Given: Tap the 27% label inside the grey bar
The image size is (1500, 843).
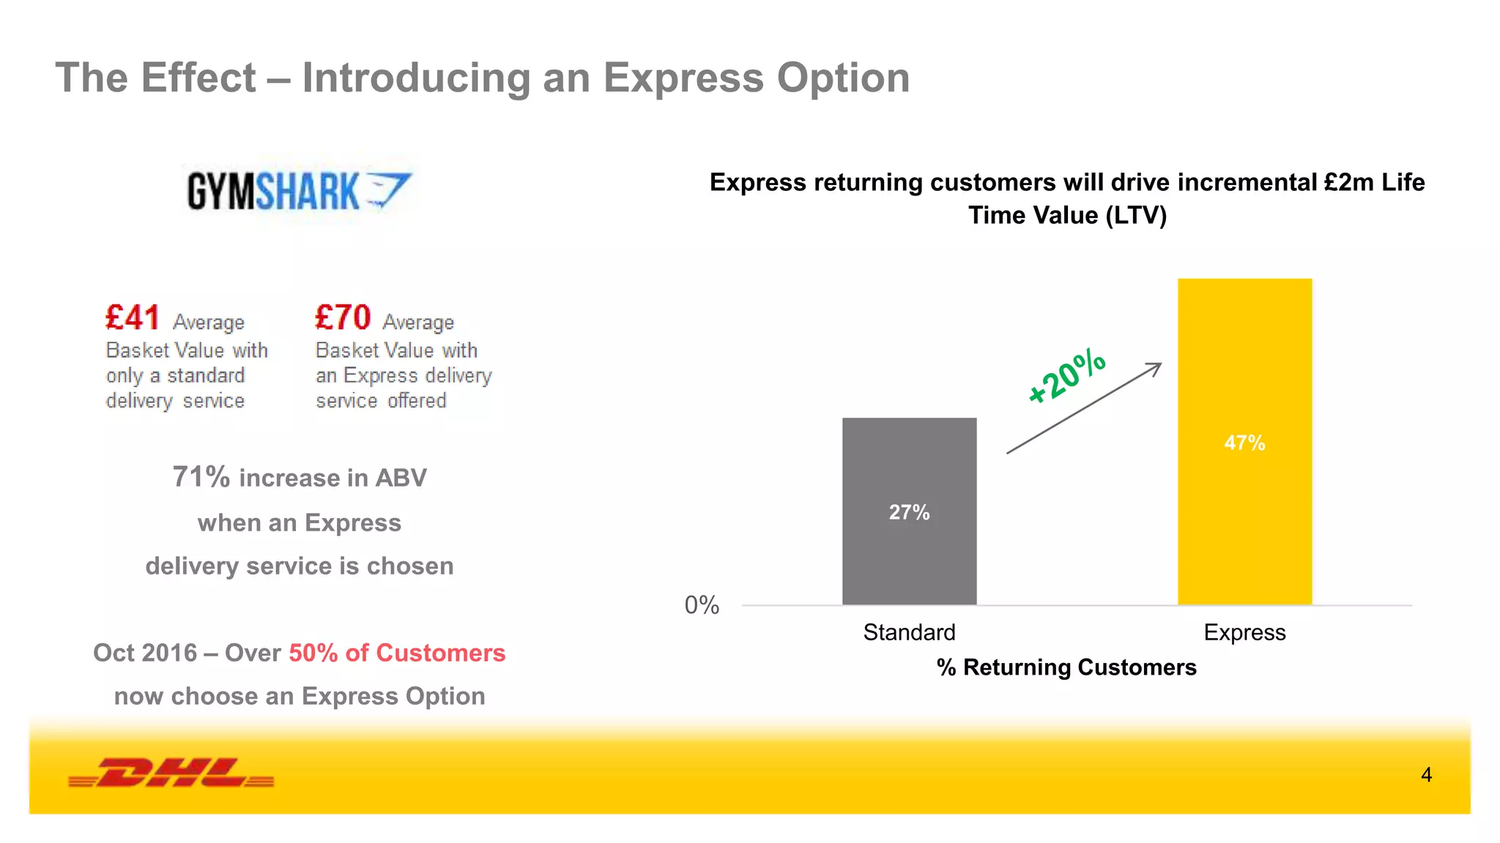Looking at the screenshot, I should (909, 512).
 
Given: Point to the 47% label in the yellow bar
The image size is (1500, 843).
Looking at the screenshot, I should (1244, 443).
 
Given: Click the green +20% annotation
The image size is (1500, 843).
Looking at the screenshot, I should (1066, 376).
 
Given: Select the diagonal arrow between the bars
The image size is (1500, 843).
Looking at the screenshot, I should (1084, 408).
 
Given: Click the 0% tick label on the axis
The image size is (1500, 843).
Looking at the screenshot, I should (702, 605).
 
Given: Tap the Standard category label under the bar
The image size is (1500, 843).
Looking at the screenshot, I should (909, 632).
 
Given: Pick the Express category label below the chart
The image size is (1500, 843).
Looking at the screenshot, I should (1244, 632).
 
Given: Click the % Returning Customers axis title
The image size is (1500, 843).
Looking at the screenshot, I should (1066, 667).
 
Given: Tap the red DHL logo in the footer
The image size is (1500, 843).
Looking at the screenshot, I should (171, 773).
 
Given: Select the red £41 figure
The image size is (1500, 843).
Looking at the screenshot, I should (133, 318).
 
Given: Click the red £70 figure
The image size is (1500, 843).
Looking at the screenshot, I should (343, 318).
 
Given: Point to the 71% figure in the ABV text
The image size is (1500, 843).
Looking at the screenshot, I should (201, 477).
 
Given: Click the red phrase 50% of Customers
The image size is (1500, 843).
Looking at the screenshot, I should (397, 653).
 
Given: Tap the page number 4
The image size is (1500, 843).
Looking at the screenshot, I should (1426, 774).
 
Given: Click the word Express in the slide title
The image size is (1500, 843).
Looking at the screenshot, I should (683, 78).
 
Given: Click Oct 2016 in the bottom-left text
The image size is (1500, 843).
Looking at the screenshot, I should (145, 653).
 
